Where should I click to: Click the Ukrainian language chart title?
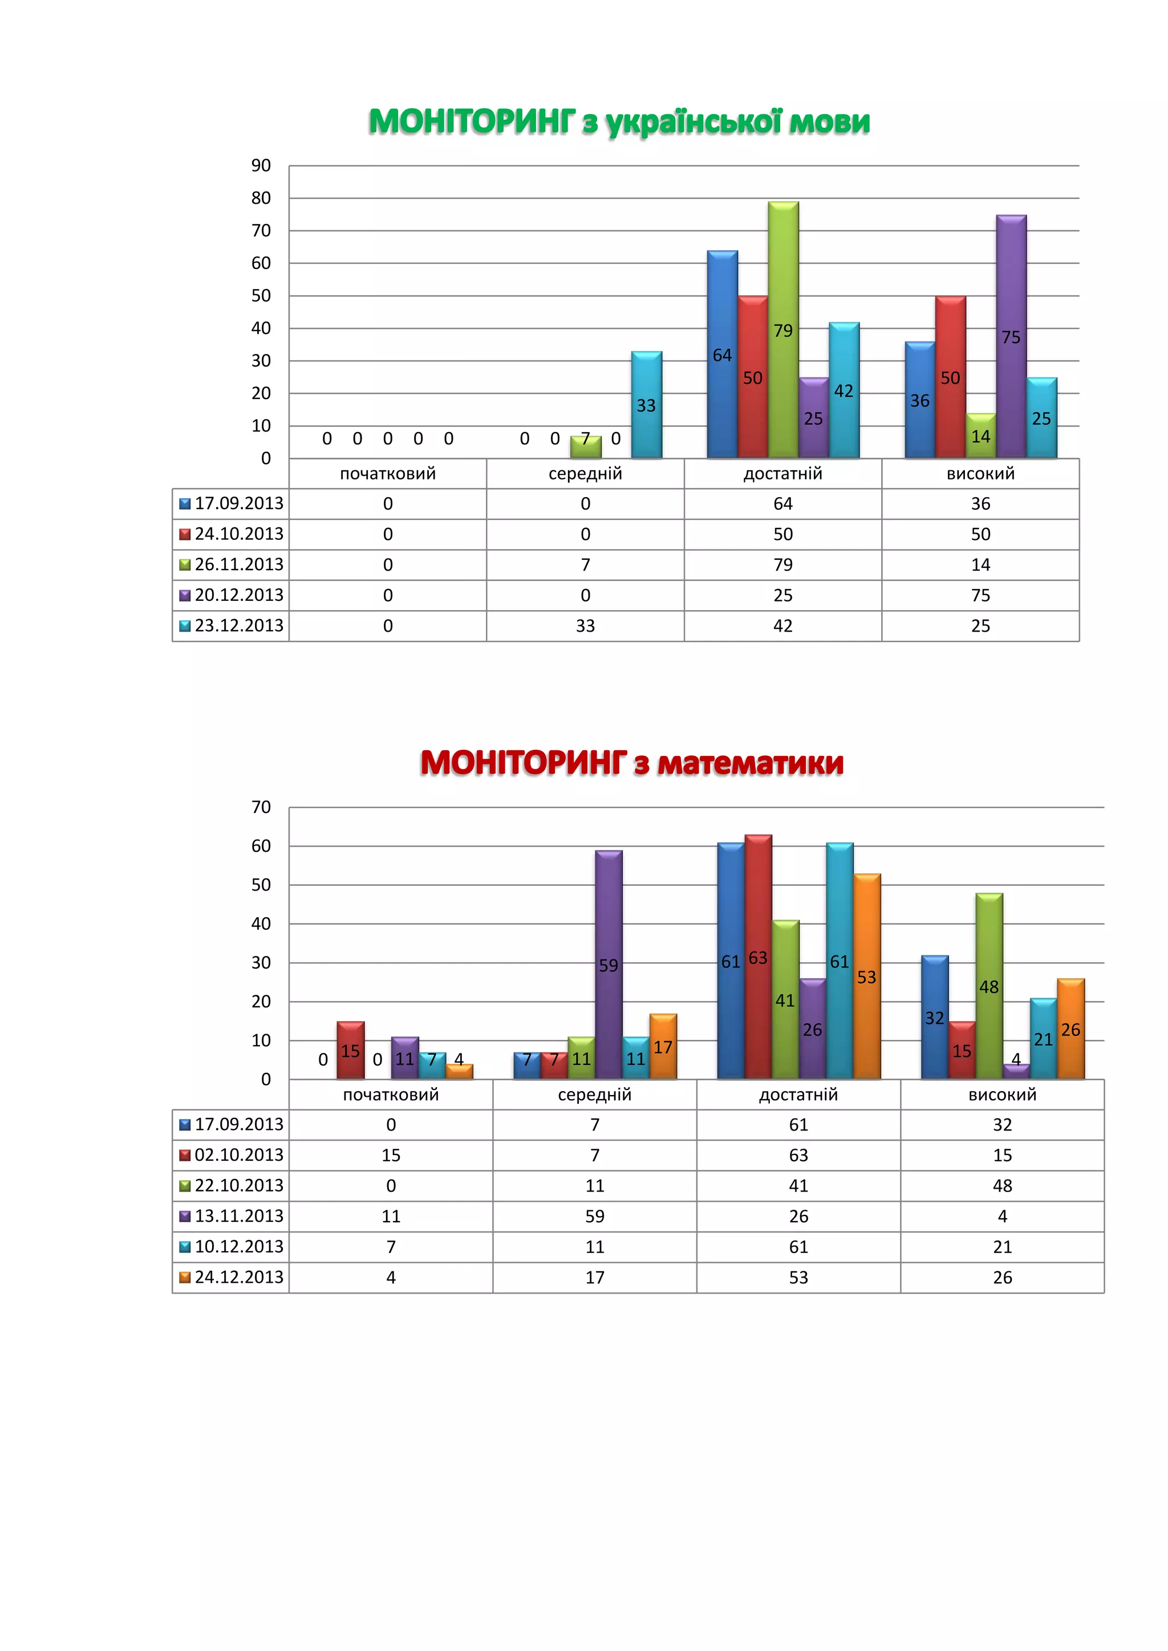point(619,121)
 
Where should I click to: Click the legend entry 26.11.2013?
point(232,564)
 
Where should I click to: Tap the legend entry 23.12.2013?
point(232,625)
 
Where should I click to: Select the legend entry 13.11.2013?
point(232,1216)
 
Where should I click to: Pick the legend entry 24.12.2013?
point(232,1277)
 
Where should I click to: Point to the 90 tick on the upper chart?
point(261,165)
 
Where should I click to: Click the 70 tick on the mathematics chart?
point(261,807)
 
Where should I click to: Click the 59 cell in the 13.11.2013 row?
point(595,1217)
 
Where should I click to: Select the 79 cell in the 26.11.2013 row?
point(782,565)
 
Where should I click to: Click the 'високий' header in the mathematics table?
point(1002,1095)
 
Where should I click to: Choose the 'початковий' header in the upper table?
point(388,474)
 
